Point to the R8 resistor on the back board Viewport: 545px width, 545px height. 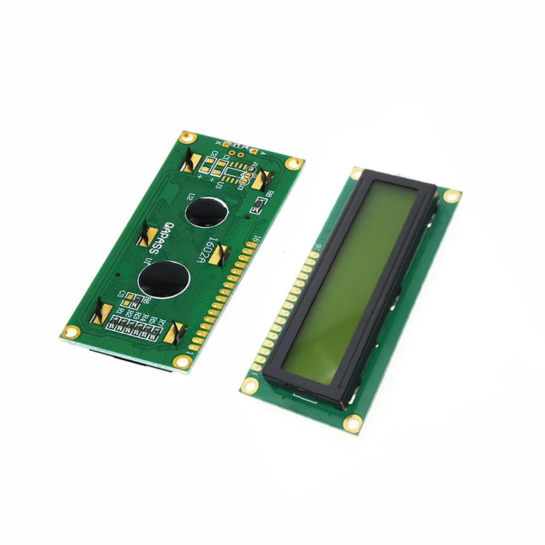[259, 204]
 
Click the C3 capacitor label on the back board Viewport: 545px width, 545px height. [123, 294]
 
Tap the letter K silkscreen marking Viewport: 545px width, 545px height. [217, 142]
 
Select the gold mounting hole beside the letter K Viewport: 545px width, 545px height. [183, 138]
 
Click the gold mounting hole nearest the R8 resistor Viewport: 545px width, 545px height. [294, 163]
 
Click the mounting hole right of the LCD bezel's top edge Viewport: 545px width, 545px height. [449, 196]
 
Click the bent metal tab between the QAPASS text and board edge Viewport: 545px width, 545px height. [149, 236]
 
